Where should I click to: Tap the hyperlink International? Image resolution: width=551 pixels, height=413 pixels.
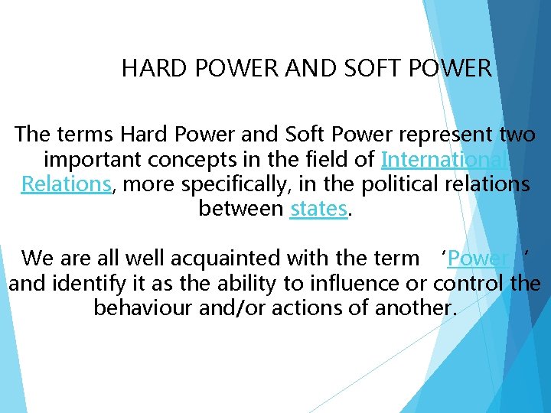(x=442, y=160)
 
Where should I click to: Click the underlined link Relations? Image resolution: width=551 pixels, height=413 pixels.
(x=67, y=184)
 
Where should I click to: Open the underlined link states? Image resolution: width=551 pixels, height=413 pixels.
(x=318, y=208)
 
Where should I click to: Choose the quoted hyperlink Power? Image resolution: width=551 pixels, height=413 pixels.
(x=478, y=259)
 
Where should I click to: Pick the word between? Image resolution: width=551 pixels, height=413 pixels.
(x=241, y=208)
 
